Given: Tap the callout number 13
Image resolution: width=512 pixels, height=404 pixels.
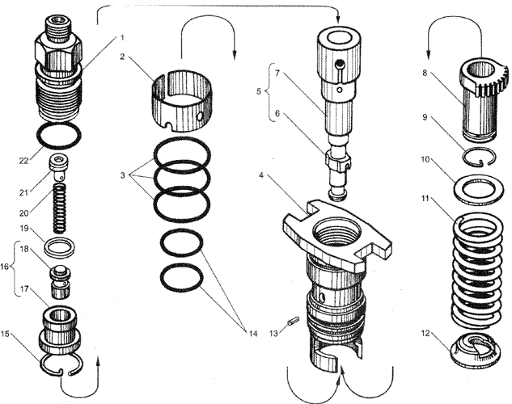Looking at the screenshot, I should (x=273, y=331).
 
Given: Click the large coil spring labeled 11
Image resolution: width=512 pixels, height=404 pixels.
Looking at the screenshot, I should (x=477, y=259).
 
